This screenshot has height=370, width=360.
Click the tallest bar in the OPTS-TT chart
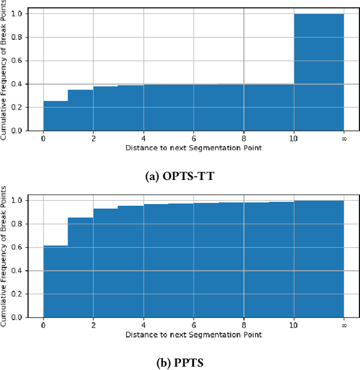pos(318,72)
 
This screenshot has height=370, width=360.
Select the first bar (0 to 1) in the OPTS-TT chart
pos(56,116)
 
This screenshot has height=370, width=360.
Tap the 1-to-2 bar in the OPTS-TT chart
pos(80,110)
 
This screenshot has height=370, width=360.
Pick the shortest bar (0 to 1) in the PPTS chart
pos(56,281)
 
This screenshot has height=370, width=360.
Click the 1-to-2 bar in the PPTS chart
pos(80,267)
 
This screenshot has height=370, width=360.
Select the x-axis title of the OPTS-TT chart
pos(193,147)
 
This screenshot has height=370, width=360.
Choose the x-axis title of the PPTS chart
pos(193,335)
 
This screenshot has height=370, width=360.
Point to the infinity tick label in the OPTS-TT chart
pos(343,138)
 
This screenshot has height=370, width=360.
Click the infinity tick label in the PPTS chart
pos(343,325)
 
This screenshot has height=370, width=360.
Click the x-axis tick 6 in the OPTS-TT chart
pos(193,138)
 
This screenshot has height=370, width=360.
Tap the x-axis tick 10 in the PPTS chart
pos(293,325)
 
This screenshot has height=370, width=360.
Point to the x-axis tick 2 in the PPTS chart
pos(93,325)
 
